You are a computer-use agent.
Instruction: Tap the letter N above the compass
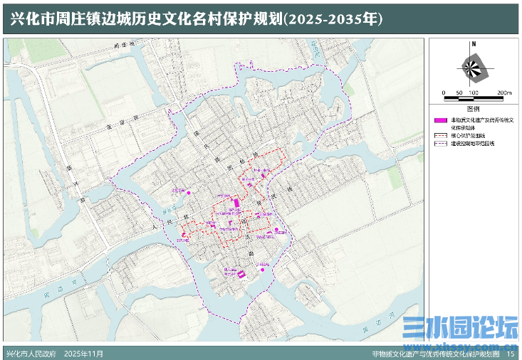[472, 44]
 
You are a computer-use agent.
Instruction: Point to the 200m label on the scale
[504, 93]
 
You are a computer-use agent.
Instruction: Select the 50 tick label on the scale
[459, 93]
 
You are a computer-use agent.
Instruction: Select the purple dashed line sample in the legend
[441, 143]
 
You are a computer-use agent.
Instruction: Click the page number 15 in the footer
[510, 354]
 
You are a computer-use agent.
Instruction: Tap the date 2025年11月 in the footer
[84, 354]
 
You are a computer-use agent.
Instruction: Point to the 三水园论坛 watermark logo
[460, 329]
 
